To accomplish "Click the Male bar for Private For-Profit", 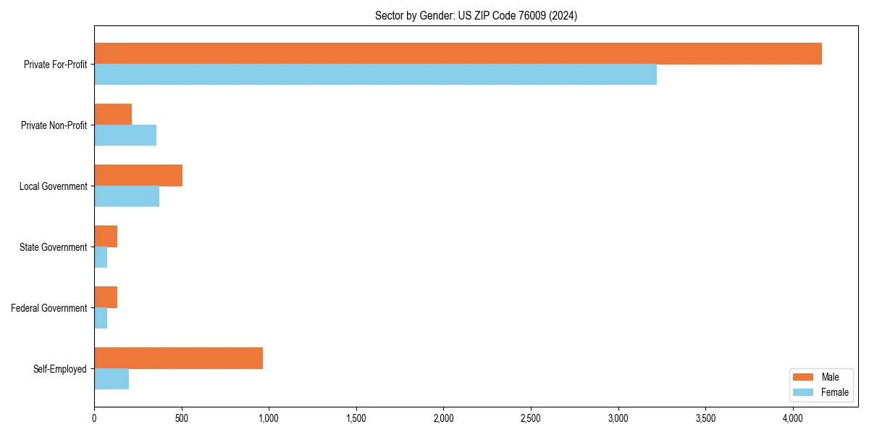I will point(458,54).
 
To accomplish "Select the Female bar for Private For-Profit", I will point(375,75).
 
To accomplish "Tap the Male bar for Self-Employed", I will point(178,358).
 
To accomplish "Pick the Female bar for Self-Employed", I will point(112,379).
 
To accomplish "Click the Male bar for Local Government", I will point(138,175).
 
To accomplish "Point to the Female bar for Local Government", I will point(127,196).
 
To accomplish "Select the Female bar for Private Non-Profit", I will point(125,136).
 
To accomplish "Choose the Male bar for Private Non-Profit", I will point(113,115).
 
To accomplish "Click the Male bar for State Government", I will point(106,236).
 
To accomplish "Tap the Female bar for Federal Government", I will point(101,318).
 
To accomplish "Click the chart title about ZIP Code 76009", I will point(476,15).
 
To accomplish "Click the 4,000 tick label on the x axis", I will point(793,418).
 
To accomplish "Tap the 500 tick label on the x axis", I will point(181,418).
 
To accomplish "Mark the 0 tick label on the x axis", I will point(94,418).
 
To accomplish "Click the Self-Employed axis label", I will point(59,369).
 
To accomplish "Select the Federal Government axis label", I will point(49,308).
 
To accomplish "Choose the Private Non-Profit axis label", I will point(54,125).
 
